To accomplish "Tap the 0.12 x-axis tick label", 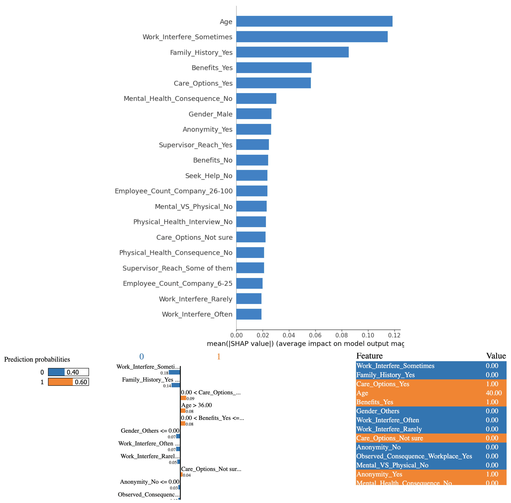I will click(x=394, y=335).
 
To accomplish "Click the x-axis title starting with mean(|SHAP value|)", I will click(x=305, y=343).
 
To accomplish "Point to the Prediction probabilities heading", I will click(x=37, y=359).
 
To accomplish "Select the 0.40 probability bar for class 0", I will click(x=68, y=372).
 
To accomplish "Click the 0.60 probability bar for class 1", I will click(x=68, y=382).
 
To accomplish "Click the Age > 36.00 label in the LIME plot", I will click(x=196, y=405).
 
